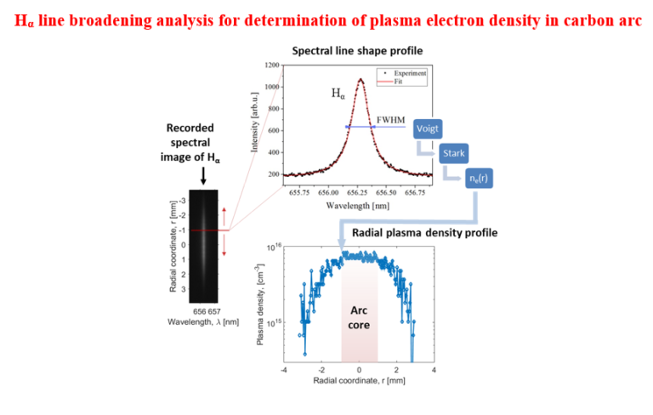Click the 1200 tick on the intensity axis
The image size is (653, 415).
pyautogui.click(x=274, y=65)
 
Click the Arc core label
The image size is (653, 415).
pyautogui.click(x=359, y=318)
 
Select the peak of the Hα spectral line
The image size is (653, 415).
pyautogui.click(x=361, y=80)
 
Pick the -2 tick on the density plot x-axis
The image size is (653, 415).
pyautogui.click(x=321, y=371)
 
